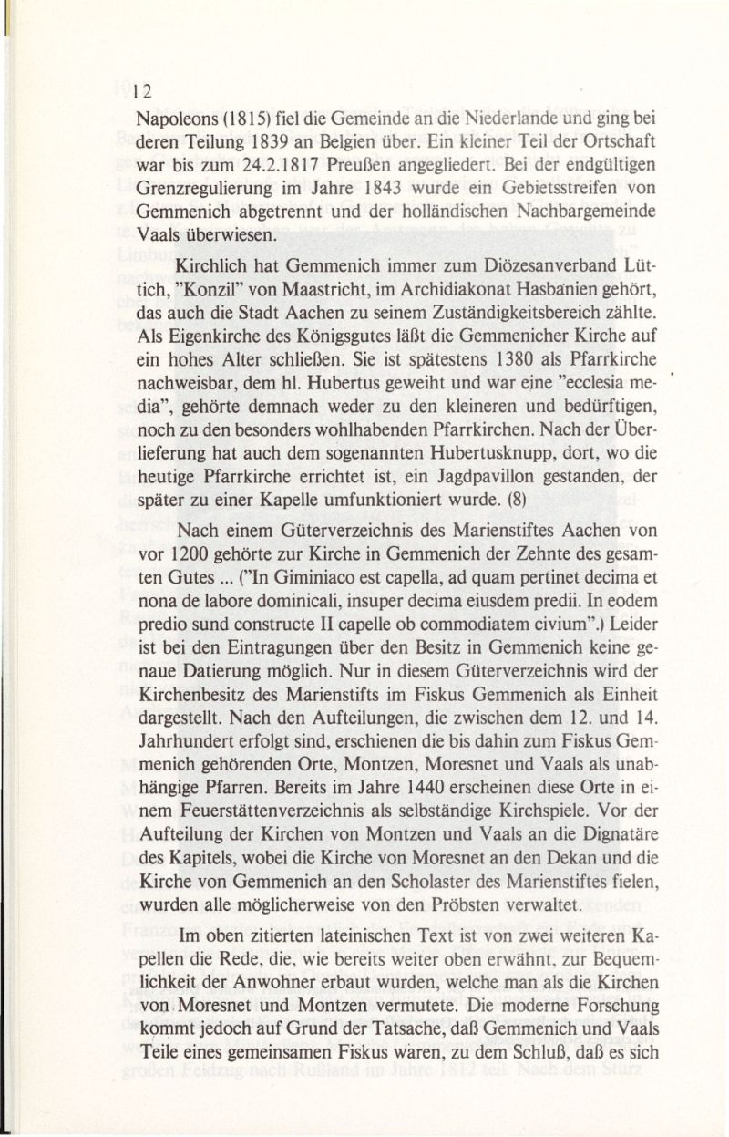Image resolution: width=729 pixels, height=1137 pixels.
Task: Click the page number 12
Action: pos(140,91)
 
